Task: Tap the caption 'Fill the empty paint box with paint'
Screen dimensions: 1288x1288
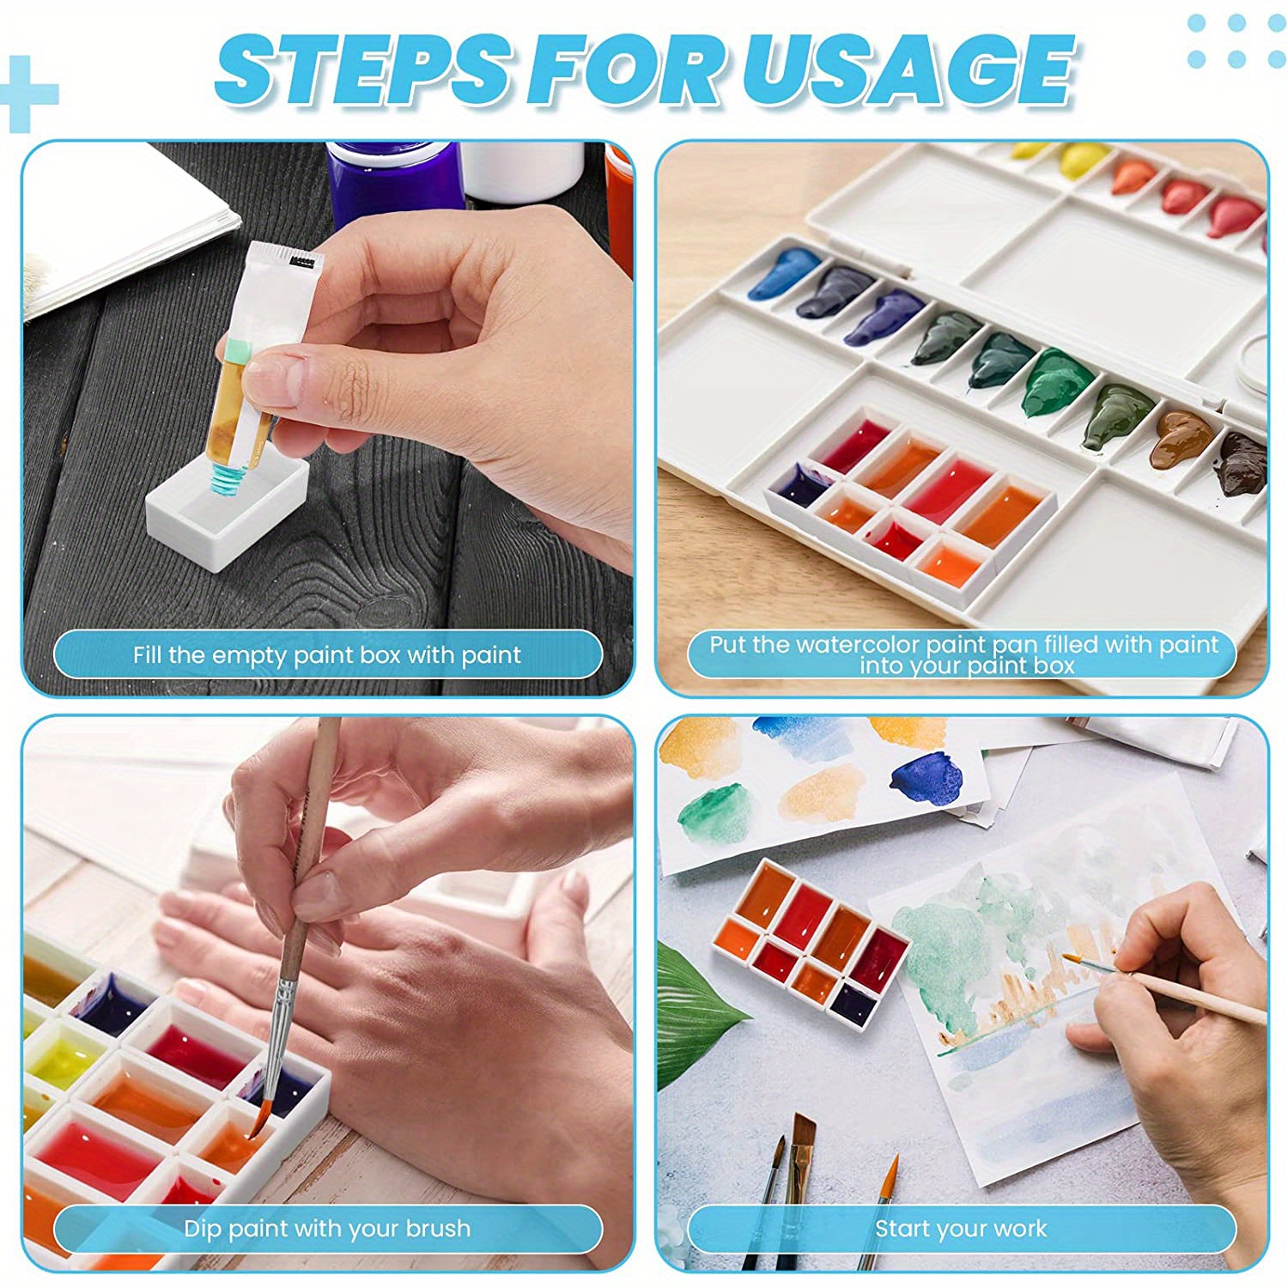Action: (326, 655)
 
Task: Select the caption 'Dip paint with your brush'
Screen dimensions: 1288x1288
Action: (326, 1228)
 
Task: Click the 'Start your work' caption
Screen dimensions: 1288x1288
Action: (961, 1228)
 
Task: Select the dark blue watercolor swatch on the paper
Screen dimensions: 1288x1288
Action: (927, 778)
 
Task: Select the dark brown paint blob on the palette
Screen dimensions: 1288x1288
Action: (1241, 464)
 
